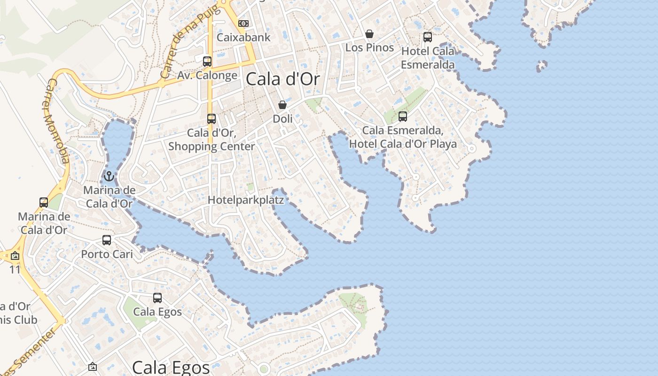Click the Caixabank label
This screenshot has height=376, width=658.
243,38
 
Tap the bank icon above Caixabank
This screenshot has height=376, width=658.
243,23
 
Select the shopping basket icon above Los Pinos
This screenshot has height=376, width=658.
369,34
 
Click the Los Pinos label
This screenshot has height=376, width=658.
369,47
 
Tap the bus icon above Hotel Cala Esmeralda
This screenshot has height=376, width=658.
428,37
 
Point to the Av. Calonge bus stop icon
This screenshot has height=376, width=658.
207,61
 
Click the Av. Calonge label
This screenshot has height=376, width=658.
207,75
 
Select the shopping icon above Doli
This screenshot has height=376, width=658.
282,105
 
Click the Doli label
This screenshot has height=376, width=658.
282,119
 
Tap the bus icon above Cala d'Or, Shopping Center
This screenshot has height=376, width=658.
211,118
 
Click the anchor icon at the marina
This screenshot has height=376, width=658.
109,176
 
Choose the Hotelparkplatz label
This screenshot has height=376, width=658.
246,200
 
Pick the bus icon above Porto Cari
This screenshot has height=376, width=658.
107,240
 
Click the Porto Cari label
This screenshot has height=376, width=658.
107,254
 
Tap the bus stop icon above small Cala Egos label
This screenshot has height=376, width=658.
157,298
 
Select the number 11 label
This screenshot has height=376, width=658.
15,270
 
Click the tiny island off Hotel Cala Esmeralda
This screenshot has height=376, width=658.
542,65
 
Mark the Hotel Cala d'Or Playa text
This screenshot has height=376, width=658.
403,144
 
